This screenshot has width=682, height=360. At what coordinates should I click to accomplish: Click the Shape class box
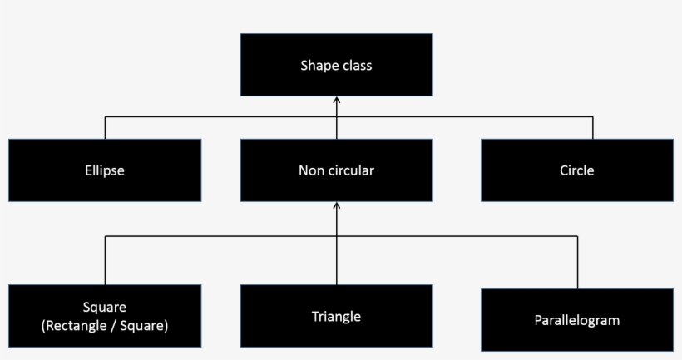[336, 65]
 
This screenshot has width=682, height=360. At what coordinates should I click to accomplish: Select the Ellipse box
[105, 170]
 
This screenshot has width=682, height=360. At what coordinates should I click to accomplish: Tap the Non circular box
[336, 170]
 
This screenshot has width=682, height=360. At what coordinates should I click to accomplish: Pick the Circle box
[576, 170]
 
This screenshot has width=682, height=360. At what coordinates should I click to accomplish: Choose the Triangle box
[336, 316]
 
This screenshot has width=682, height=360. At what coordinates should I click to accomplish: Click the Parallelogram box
[576, 319]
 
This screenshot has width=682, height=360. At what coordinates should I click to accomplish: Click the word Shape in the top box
[319, 66]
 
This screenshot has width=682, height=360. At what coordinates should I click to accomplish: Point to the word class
[356, 66]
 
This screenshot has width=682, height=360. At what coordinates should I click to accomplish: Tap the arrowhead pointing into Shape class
[337, 101]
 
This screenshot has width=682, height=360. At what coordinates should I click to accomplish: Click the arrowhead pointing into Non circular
[337, 206]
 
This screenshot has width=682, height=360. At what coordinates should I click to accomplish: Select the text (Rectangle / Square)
[105, 326]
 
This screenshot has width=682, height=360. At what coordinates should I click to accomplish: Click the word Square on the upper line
[105, 308]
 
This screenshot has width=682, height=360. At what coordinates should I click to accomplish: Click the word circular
[351, 170]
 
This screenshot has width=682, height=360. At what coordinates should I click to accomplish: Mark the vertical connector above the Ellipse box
[105, 127]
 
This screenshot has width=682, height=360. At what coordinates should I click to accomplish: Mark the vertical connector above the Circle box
[593, 127]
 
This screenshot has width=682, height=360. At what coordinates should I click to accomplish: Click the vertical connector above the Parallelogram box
[576, 262]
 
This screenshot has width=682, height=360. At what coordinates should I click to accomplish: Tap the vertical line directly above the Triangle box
[337, 262]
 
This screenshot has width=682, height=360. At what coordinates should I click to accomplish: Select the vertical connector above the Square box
[105, 259]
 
